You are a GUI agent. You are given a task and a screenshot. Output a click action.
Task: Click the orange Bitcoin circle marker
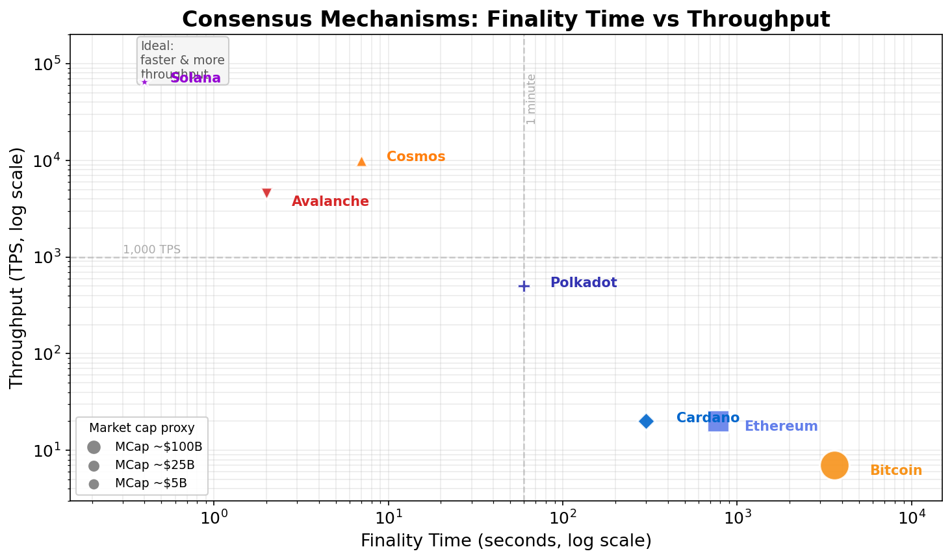click(x=834, y=465)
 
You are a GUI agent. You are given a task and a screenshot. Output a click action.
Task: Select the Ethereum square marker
click(x=718, y=421)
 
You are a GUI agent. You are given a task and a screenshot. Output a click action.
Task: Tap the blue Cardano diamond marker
click(x=646, y=421)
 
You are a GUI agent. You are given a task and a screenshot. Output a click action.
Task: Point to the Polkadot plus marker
click(x=524, y=286)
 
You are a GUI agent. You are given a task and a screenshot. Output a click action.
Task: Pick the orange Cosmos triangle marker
click(x=361, y=161)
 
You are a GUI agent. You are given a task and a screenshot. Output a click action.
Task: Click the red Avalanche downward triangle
click(x=266, y=193)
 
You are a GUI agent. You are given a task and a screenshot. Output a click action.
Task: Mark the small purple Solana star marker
click(x=144, y=82)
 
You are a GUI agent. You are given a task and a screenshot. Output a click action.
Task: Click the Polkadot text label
click(x=583, y=283)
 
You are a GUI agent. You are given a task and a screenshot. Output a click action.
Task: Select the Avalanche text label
click(x=330, y=201)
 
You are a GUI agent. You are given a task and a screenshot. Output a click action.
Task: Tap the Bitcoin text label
click(x=895, y=470)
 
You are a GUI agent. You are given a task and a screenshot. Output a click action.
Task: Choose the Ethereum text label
click(x=780, y=426)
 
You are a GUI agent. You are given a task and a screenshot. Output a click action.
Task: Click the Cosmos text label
click(x=416, y=157)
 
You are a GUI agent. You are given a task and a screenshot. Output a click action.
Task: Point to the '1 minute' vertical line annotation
click(x=532, y=99)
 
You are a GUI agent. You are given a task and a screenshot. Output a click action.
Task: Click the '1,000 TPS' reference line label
click(x=151, y=249)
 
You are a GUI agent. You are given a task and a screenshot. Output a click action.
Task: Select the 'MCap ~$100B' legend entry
click(x=159, y=447)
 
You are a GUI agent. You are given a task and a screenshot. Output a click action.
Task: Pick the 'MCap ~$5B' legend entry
click(x=151, y=483)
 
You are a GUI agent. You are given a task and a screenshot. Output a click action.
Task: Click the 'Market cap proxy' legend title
click(x=142, y=427)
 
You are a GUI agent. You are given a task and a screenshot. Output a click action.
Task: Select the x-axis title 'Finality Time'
click(x=506, y=541)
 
